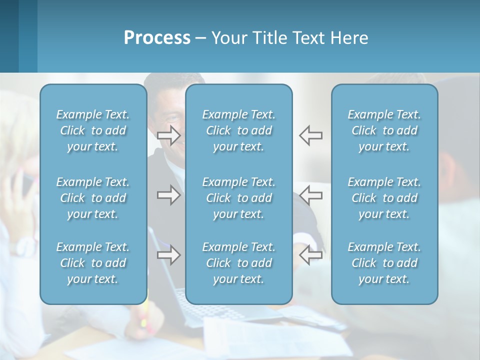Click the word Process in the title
(x=157, y=38)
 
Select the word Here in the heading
(x=349, y=38)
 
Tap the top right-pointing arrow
(x=169, y=135)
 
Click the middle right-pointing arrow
(x=169, y=195)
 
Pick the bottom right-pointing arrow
(x=169, y=255)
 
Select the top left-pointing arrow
(x=310, y=135)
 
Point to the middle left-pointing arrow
(x=310, y=195)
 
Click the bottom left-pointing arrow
(x=310, y=255)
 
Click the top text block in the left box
(x=93, y=130)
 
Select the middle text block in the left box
(x=93, y=198)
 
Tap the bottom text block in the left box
(x=93, y=263)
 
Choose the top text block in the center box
(x=238, y=130)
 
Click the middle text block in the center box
(x=238, y=198)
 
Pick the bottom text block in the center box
(x=238, y=263)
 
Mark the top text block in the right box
(x=384, y=130)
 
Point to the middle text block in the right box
(x=384, y=198)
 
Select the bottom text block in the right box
(x=384, y=263)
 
